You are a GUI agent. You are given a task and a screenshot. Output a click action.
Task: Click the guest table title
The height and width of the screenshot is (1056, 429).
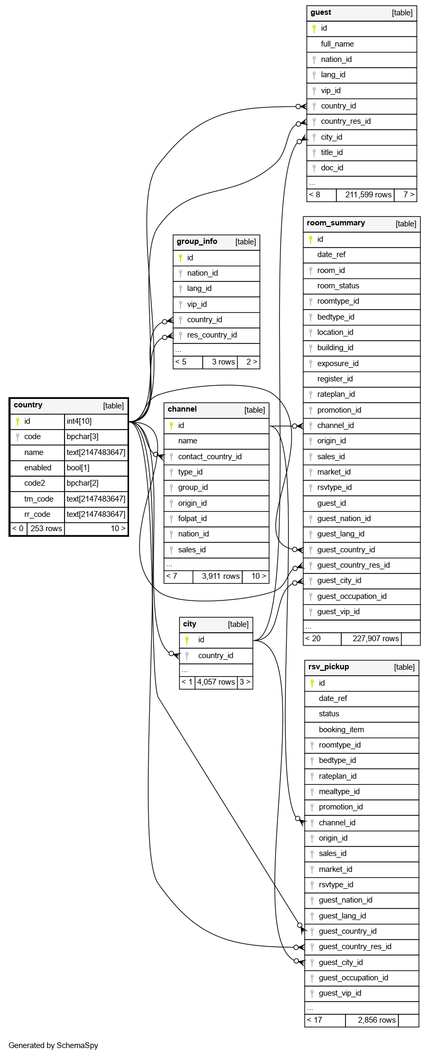tap(321, 13)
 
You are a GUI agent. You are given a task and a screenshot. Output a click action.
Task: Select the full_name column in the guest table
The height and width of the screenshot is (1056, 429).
tap(337, 44)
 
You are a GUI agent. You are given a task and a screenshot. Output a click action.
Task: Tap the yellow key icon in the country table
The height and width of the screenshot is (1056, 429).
tap(17, 422)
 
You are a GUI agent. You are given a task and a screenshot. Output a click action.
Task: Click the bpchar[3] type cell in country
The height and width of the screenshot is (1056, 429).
tap(83, 437)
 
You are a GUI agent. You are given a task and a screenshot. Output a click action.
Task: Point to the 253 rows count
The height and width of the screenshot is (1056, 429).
tap(46, 529)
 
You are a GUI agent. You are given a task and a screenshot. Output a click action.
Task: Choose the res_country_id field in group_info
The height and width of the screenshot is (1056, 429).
tap(212, 335)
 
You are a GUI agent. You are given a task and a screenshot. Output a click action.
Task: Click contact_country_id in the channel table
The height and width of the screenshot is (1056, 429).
tap(209, 457)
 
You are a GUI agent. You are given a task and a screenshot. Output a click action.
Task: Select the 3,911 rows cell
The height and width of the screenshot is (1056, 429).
tap(221, 576)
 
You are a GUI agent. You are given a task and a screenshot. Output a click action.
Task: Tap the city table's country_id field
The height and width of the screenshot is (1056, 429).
tap(215, 656)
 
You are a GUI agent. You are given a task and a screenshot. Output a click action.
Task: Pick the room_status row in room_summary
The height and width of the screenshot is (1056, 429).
tap(338, 286)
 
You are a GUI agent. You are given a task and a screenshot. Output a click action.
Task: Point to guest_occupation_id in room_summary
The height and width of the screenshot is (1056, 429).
tap(352, 596)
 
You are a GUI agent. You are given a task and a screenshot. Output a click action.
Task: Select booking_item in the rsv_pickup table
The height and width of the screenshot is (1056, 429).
tap(341, 730)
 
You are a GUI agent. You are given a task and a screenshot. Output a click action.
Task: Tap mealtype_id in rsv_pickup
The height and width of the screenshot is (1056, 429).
tap(339, 791)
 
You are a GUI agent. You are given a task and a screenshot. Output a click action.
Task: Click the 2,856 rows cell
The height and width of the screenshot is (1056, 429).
tap(377, 1020)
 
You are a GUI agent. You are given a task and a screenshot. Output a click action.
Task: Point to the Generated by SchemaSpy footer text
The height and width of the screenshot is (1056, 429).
tap(53, 1045)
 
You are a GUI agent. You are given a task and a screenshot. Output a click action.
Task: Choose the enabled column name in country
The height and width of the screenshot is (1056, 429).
tap(38, 468)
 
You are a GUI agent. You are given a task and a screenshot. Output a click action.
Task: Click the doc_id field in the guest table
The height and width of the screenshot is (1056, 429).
tap(332, 168)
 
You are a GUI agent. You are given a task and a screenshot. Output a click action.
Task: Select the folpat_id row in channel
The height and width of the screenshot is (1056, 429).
tap(192, 518)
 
